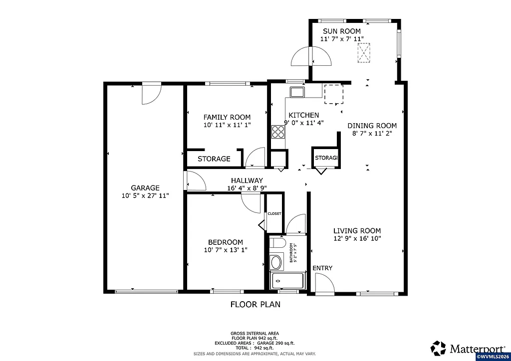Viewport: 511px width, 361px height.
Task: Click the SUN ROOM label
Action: [x=341, y=31]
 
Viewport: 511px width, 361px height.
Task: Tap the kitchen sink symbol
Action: [x=298, y=92]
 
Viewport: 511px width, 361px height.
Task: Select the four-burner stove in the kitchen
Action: [x=278, y=132]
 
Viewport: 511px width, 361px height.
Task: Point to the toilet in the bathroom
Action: [x=277, y=243]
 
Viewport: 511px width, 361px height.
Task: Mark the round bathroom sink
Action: [x=276, y=262]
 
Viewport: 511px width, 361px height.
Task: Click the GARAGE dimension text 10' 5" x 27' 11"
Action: [x=145, y=196]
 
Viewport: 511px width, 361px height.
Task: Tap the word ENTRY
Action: [x=322, y=268]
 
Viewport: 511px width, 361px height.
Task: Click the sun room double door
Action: [x=311, y=56]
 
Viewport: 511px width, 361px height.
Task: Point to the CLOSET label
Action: [x=274, y=213]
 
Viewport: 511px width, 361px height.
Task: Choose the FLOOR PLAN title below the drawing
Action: [x=255, y=304]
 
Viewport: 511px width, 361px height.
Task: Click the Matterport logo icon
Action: [x=439, y=348]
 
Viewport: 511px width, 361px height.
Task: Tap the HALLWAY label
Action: [x=247, y=180]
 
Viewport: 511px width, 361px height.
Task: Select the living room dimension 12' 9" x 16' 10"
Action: [x=357, y=239]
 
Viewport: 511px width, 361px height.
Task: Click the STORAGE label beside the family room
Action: [x=214, y=159]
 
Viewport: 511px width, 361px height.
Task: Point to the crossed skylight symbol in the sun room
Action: [x=364, y=53]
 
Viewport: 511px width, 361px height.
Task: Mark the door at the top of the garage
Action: [x=151, y=94]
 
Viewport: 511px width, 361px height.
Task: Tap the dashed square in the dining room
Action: [x=333, y=94]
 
